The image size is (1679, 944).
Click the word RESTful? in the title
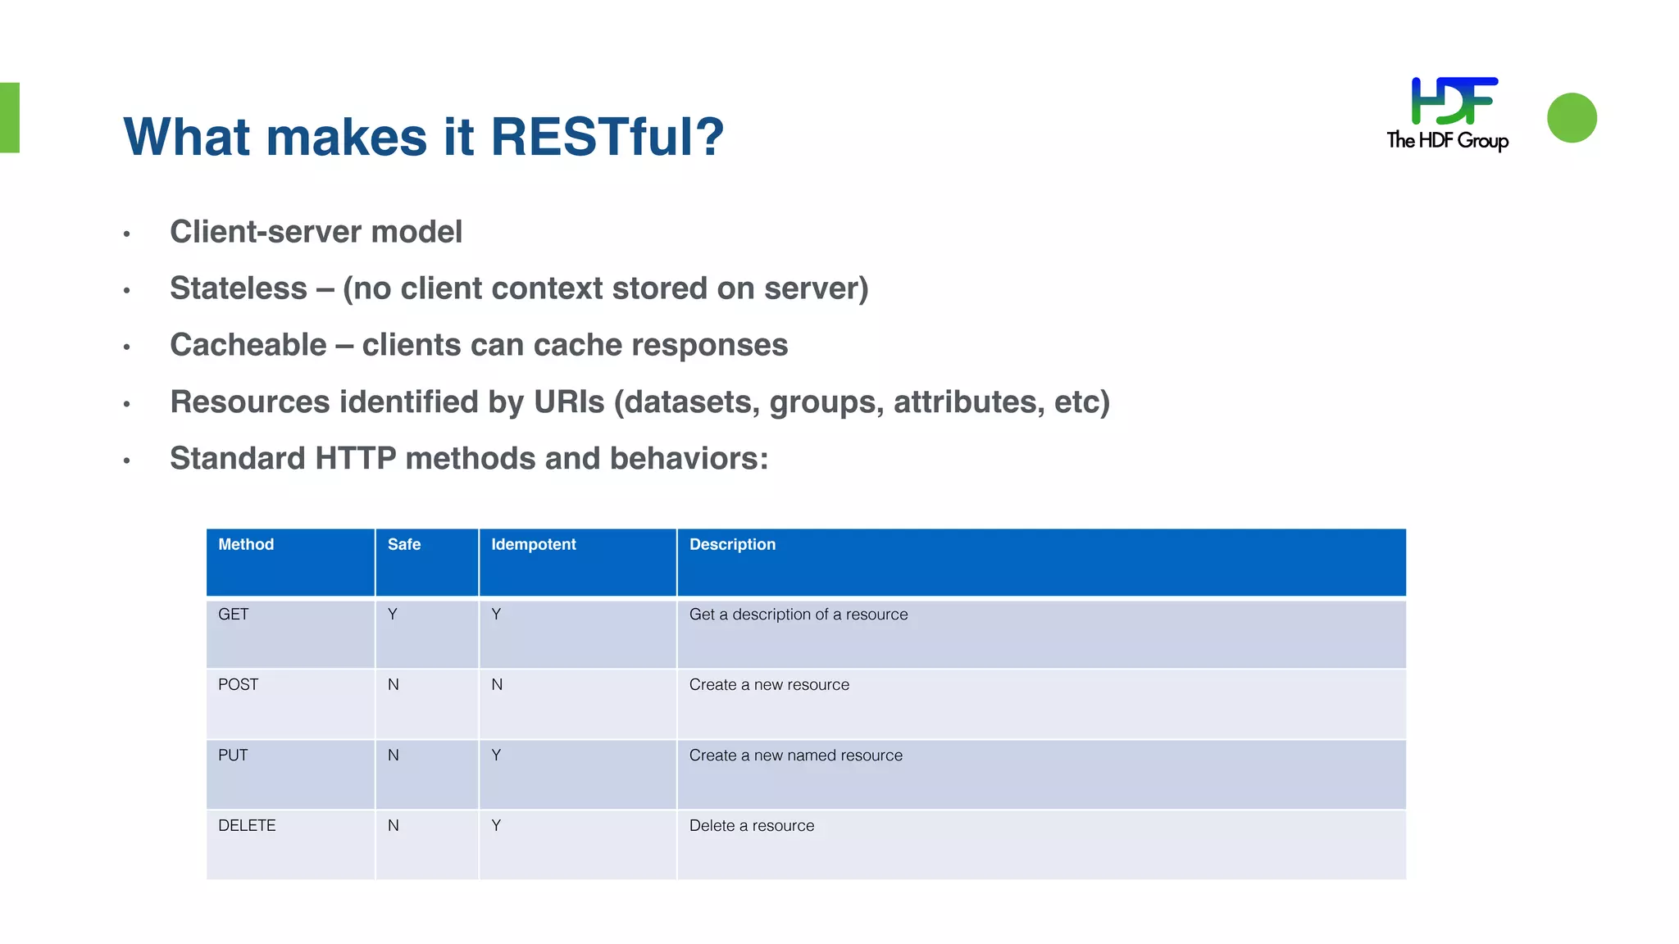click(x=607, y=137)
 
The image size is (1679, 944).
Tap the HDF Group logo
click(x=1448, y=114)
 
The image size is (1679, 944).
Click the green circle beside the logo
click(x=1571, y=118)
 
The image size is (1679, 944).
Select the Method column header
click(x=246, y=545)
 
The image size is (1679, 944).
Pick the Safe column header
click(x=404, y=545)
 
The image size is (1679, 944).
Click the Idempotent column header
click(x=533, y=545)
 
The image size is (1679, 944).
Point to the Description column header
click(x=732, y=545)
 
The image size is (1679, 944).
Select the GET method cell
click(x=234, y=615)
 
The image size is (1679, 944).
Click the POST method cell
click(x=239, y=685)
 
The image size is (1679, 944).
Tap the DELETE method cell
click(x=247, y=826)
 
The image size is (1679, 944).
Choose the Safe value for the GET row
click(x=393, y=615)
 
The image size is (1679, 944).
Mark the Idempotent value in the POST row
click(x=497, y=685)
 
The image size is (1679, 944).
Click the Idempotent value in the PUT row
click(x=496, y=756)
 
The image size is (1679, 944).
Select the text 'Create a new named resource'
click(x=795, y=756)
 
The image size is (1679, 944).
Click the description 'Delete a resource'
click(x=752, y=826)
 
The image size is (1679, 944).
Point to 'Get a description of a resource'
click(x=799, y=615)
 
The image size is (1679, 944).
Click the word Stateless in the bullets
click(x=238, y=288)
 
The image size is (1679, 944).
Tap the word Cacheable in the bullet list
click(x=248, y=345)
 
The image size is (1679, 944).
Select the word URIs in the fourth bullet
click(x=569, y=402)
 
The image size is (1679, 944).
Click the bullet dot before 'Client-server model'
click(x=127, y=234)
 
